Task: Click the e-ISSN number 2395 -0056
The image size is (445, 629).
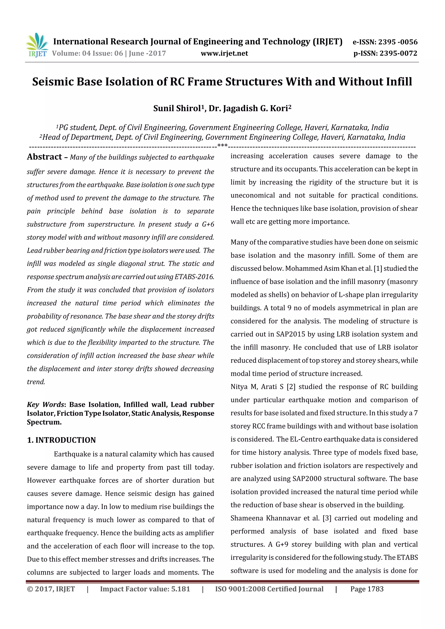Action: pyautogui.click(x=398, y=42)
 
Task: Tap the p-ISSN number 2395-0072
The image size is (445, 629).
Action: pyautogui.click(x=398, y=53)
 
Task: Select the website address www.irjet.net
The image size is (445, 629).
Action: pyautogui.click(x=224, y=53)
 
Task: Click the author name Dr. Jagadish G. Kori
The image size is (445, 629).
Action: pyautogui.click(x=249, y=109)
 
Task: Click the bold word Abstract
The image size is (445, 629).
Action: pyautogui.click(x=44, y=157)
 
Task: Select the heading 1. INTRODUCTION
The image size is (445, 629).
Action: pyautogui.click(x=61, y=440)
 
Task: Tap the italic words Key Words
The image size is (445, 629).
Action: pyautogui.click(x=45, y=404)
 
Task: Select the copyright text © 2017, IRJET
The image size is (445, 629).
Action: pyautogui.click(x=51, y=589)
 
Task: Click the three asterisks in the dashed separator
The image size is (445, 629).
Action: pyautogui.click(x=222, y=145)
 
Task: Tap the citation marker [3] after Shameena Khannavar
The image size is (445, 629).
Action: pyautogui.click(x=327, y=518)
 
